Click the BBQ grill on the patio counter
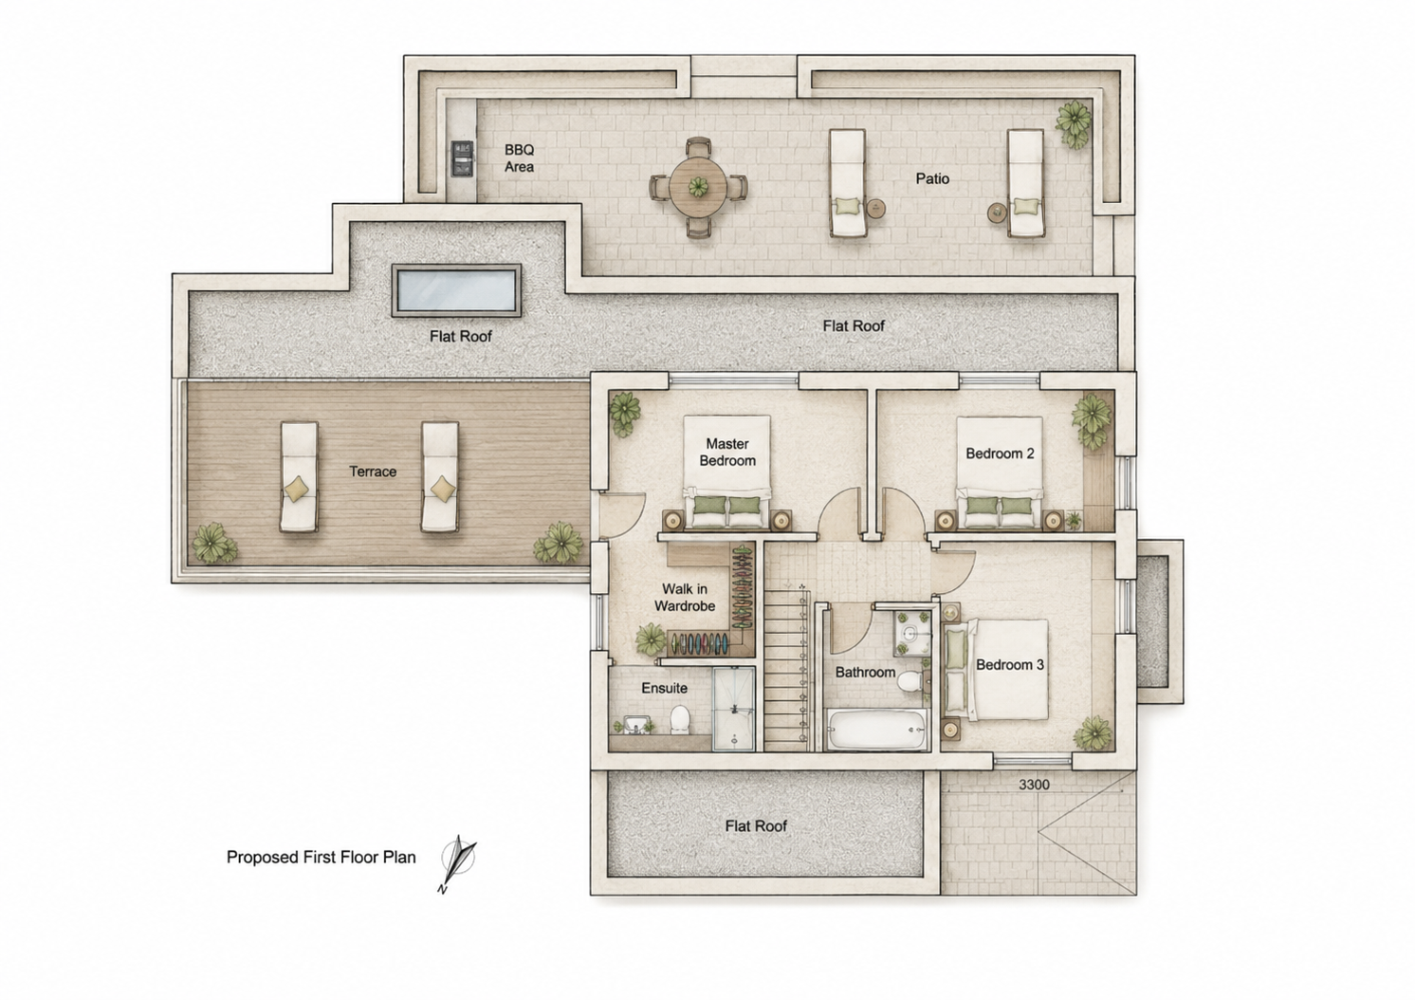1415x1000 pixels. pyautogui.click(x=462, y=158)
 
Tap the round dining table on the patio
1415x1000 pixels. pyautogui.click(x=698, y=187)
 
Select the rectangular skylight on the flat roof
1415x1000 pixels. pyautogui.click(x=457, y=290)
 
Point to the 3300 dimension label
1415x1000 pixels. pyautogui.click(x=1034, y=785)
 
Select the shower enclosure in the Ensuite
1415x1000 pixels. pyautogui.click(x=734, y=709)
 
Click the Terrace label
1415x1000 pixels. pyautogui.click(x=373, y=472)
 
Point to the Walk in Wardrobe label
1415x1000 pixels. pyautogui.click(x=685, y=598)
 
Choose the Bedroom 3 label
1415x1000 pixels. pyautogui.click(x=1009, y=664)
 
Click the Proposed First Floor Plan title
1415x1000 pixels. pyautogui.click(x=321, y=857)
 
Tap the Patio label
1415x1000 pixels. pyautogui.click(x=932, y=179)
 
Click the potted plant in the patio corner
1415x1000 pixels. pyautogui.click(x=1074, y=122)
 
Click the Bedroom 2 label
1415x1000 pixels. pyautogui.click(x=1000, y=454)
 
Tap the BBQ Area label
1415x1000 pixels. pyautogui.click(x=520, y=158)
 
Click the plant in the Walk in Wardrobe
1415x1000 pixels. pyautogui.click(x=651, y=639)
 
